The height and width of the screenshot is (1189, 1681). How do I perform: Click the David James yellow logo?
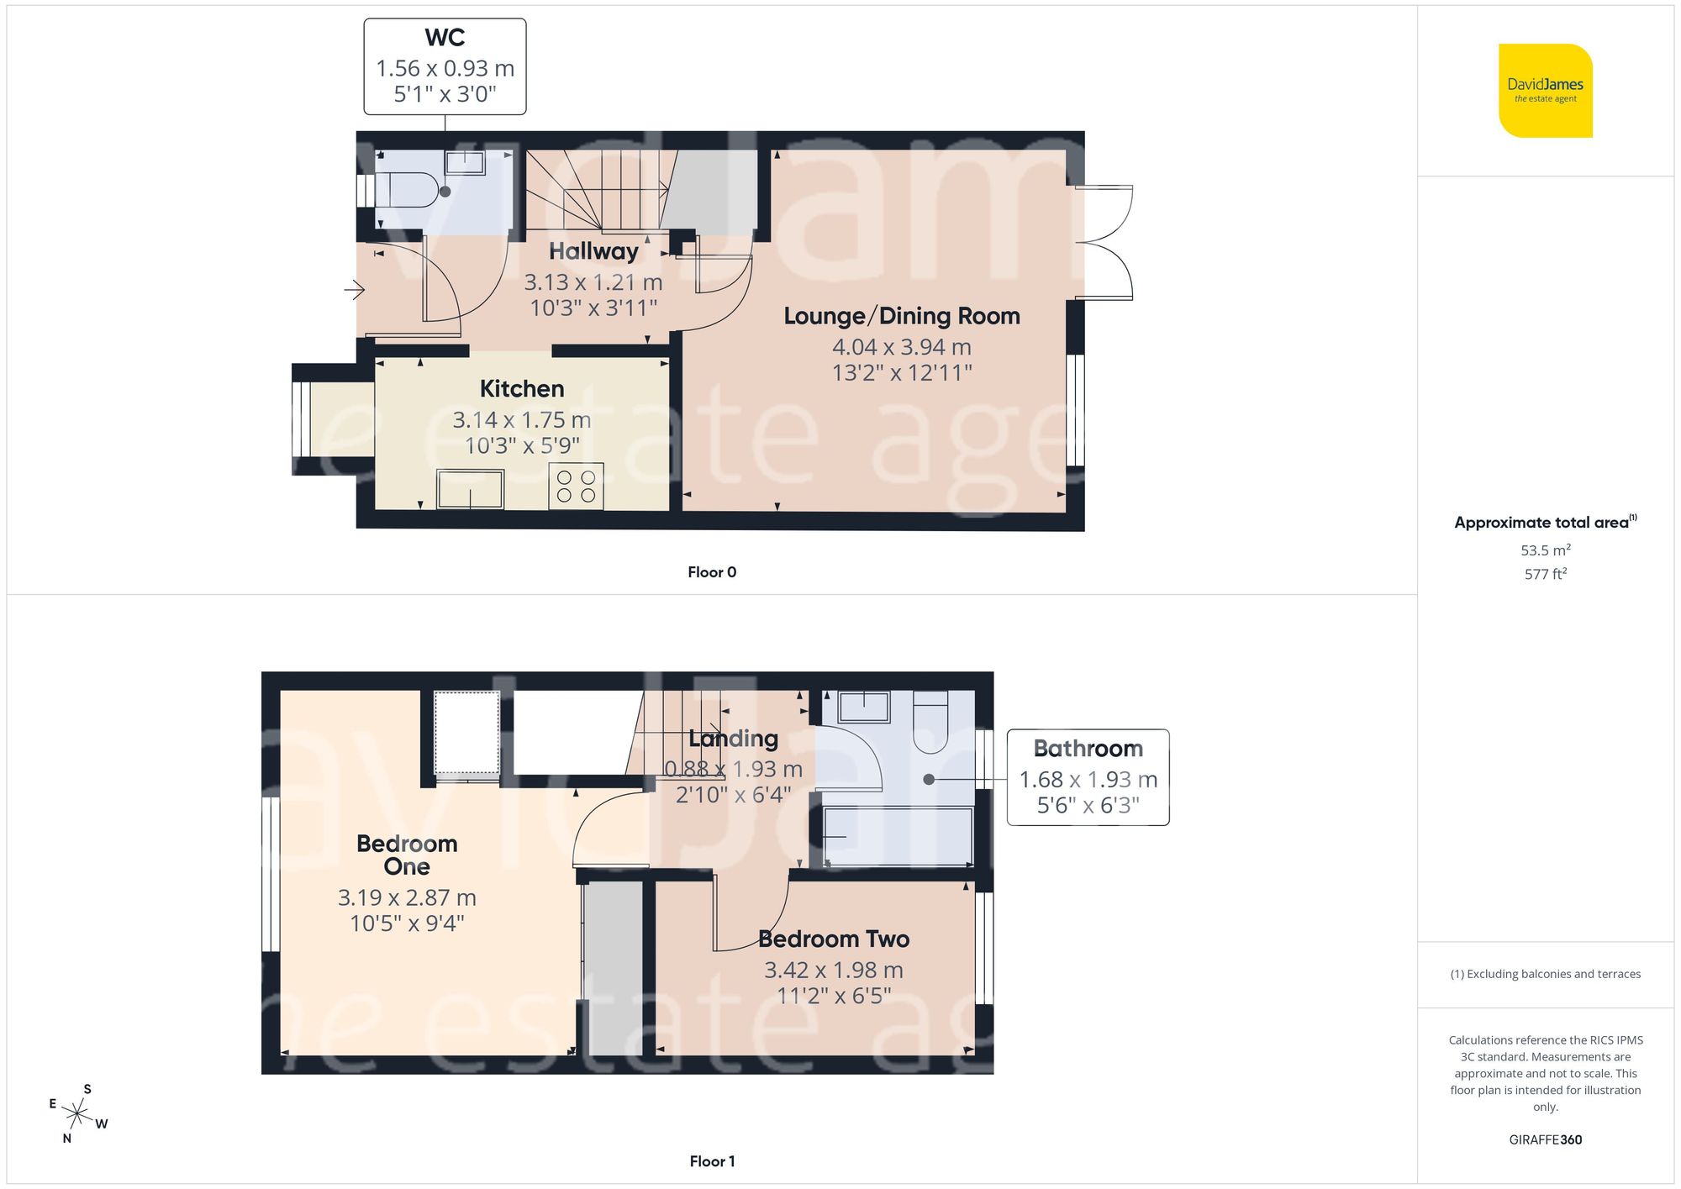coord(1545,91)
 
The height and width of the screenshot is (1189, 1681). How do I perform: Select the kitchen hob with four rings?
coord(576,486)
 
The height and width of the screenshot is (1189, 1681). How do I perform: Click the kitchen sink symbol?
coord(470,489)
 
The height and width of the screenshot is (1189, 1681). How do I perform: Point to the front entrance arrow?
coord(354,291)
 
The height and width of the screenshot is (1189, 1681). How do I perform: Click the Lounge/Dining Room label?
coord(901,316)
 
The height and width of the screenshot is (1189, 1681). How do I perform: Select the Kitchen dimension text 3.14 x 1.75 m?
coord(521,419)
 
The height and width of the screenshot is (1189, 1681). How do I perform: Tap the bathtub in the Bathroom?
coord(898,836)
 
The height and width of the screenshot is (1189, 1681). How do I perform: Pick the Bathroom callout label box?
coord(1088,776)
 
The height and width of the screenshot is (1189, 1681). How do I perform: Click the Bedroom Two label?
coord(833,939)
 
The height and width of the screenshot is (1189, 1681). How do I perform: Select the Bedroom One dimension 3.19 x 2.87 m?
coord(407,897)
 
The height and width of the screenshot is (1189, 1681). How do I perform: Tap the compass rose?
coord(77,1115)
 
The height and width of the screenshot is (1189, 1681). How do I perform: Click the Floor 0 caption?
coord(711,572)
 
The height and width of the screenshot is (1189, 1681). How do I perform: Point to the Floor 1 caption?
coord(711,1161)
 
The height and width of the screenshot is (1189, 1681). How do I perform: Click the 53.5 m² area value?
coord(1545,550)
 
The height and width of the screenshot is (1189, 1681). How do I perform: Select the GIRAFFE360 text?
coord(1545,1139)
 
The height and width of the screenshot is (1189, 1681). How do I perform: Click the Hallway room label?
coord(593,251)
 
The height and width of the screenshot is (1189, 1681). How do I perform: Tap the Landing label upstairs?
coord(733,739)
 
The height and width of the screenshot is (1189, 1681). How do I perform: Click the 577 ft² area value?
coord(1545,574)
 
